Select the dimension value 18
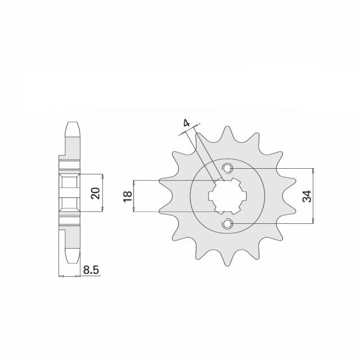pyautogui.click(x=128, y=196)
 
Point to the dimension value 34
pyautogui.click(x=307, y=196)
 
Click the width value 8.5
pyautogui.click(x=91, y=271)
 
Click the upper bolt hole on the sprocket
pyautogui.click(x=227, y=168)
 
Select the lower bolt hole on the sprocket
pyautogui.click(x=227, y=224)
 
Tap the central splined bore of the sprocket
pyautogui.click(x=227, y=196)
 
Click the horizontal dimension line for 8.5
pyautogui.click(x=70, y=276)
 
